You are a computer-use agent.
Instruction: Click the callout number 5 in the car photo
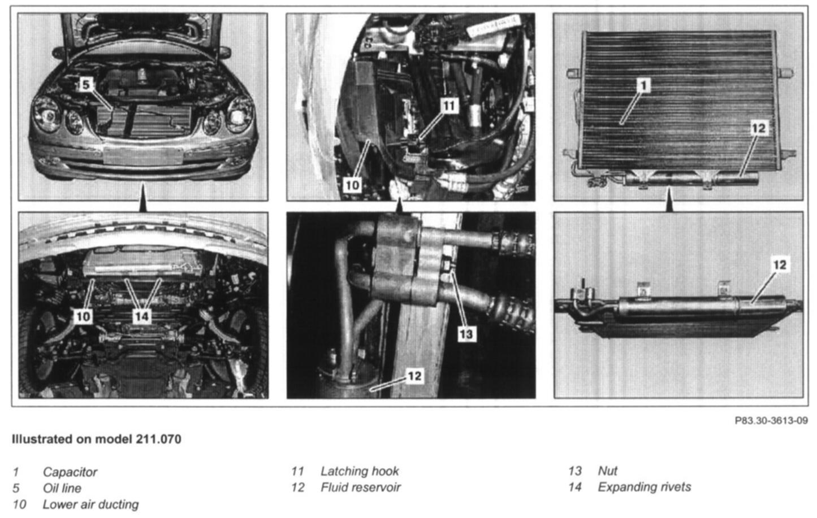(85, 85)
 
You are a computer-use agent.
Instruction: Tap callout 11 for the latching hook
(448, 106)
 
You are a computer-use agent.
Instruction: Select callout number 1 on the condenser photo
(643, 85)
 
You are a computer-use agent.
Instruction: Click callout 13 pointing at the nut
(466, 334)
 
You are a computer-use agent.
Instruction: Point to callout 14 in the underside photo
(141, 316)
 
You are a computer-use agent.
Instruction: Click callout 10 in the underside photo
(83, 316)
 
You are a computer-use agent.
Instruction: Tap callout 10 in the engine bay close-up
(352, 185)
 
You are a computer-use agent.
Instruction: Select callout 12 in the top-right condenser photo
(759, 128)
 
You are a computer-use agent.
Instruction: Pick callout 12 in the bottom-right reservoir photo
(780, 264)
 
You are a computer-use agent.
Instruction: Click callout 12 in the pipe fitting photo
(414, 376)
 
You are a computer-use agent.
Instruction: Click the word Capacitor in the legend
(70, 472)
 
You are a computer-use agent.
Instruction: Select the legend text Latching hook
(360, 471)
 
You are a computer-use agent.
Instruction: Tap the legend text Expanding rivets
(645, 487)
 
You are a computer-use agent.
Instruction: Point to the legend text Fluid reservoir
(361, 487)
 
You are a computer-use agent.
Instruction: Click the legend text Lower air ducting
(91, 504)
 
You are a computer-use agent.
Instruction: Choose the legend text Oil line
(62, 488)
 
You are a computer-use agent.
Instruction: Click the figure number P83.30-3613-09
(771, 421)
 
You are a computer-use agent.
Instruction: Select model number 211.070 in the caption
(158, 439)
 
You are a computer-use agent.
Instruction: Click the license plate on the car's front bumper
(143, 156)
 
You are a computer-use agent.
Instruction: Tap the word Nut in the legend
(608, 471)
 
